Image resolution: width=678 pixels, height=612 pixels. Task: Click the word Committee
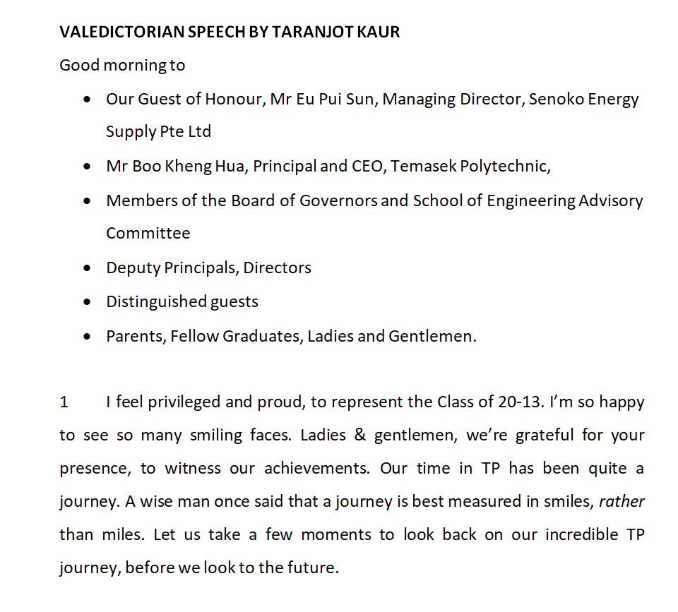[148, 233]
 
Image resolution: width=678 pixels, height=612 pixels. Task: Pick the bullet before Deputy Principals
[87, 268]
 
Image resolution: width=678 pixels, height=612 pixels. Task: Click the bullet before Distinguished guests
[87, 302]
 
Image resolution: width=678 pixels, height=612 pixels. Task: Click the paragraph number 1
[64, 402]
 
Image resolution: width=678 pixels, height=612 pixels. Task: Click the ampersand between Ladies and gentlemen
[360, 436]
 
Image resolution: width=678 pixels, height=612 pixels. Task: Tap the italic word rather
[621, 502]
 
